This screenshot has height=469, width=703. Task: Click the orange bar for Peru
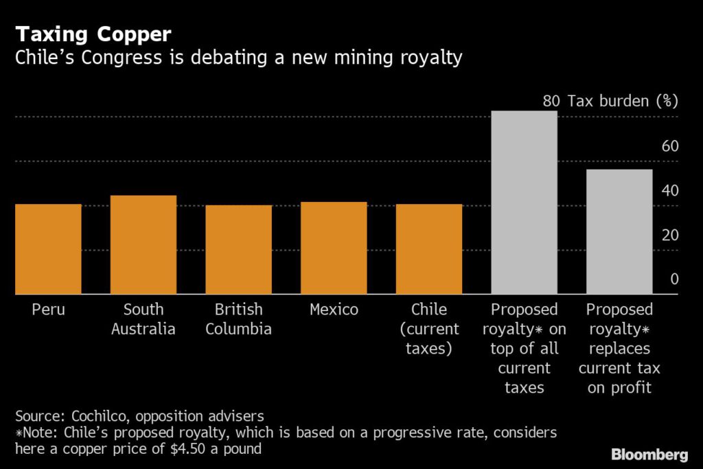tap(48, 249)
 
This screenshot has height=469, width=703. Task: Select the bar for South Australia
tap(143, 245)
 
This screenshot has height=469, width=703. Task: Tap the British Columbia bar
tap(239, 250)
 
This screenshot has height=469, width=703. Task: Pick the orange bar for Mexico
tap(334, 248)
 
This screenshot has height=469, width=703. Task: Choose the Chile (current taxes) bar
tap(429, 249)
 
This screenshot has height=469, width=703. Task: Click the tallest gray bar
tap(524, 203)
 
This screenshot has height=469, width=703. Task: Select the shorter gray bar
tap(619, 232)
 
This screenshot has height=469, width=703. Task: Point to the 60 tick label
tap(669, 146)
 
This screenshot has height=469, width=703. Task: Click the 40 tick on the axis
tap(669, 190)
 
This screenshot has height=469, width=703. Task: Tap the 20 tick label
tap(669, 235)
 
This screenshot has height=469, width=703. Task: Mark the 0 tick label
tap(673, 279)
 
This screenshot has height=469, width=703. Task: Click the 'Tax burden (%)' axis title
tap(622, 102)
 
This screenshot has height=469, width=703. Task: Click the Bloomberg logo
tap(650, 455)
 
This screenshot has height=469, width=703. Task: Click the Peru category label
tap(48, 310)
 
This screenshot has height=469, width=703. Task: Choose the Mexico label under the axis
tap(334, 310)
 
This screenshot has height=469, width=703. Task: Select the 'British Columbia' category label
tap(239, 319)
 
